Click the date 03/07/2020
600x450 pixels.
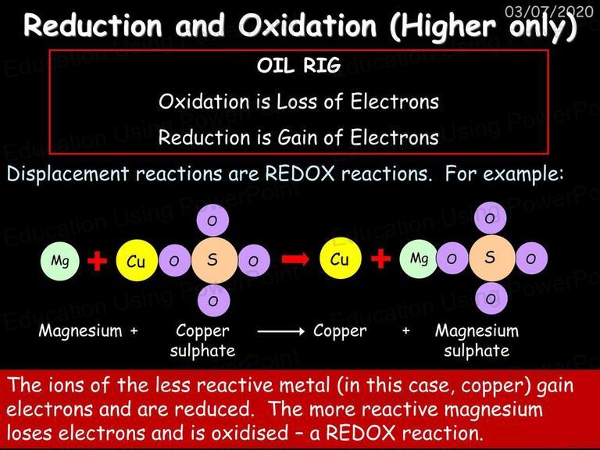548,12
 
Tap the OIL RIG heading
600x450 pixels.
299,66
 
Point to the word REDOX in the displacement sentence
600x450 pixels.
300,173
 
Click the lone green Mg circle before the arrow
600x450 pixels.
60,261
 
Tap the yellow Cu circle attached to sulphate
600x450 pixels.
137,261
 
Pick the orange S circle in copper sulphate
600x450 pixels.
214,260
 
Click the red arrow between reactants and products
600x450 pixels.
295,259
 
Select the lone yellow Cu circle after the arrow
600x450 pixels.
340,259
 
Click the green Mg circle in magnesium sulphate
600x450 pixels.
419,259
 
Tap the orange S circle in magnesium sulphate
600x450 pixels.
491,259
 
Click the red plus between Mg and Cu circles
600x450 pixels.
97,261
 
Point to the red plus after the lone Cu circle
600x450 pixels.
380,259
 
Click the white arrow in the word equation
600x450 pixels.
281,331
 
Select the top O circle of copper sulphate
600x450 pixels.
212,220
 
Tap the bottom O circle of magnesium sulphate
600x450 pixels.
491,298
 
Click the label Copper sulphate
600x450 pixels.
202,341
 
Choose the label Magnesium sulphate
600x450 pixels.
477,341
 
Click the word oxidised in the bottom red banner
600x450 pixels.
250,433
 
